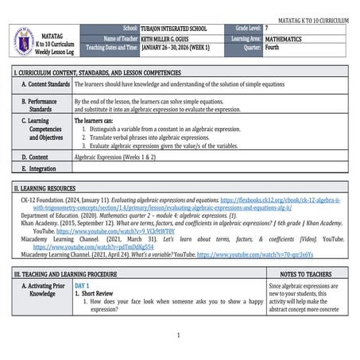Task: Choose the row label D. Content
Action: pos(37,157)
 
